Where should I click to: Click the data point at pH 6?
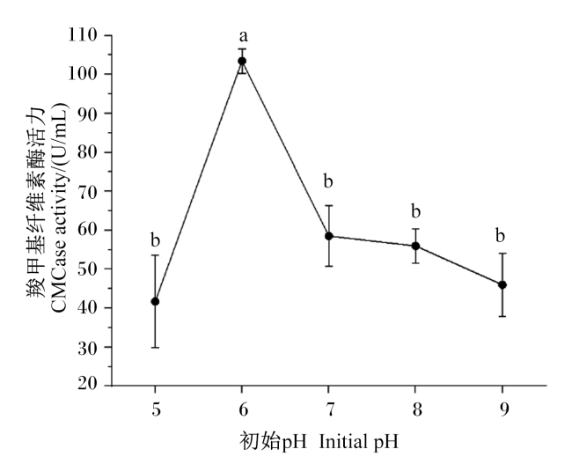242,61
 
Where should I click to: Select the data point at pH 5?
155,301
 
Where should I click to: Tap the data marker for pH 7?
329,236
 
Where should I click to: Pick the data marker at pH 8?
415,246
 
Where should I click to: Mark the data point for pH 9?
502,284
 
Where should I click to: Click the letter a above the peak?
243,36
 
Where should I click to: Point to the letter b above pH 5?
156,240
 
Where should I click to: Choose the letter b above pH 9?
500,235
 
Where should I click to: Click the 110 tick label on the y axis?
83,35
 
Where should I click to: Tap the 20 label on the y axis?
88,384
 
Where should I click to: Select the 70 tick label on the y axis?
88,191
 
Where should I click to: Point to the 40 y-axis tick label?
88,308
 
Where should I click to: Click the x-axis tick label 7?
330,409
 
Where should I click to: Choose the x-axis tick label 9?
503,409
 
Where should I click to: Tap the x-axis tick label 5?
156,409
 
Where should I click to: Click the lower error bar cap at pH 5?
155,348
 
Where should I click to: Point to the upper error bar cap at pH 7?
329,206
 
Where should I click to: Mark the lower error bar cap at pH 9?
502,316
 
